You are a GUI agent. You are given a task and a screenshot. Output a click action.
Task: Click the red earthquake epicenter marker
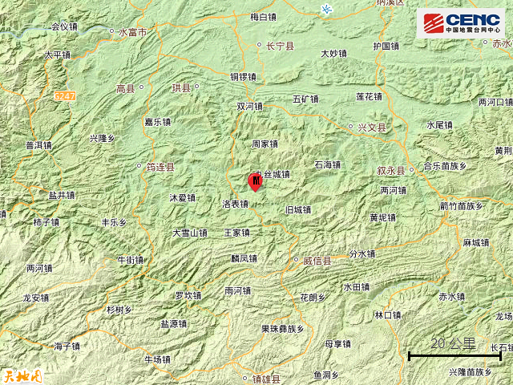[x=255, y=182]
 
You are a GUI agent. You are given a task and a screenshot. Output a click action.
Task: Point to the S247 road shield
[x=66, y=95]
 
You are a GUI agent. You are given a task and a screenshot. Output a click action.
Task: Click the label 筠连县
[x=160, y=167]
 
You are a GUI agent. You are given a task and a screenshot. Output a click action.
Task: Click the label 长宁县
[x=276, y=46]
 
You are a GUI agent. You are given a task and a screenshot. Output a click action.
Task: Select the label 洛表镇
[x=235, y=204]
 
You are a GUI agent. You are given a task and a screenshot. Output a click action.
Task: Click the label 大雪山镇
[x=190, y=233]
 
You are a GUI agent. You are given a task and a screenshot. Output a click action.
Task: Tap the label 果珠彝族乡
[x=282, y=328]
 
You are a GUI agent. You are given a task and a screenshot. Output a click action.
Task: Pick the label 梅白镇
[x=263, y=16]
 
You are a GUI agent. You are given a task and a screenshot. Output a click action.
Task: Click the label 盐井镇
[x=62, y=195]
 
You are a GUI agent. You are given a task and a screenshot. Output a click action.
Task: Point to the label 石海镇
[x=327, y=164]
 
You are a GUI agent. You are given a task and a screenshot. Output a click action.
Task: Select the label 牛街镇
[x=131, y=260]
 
